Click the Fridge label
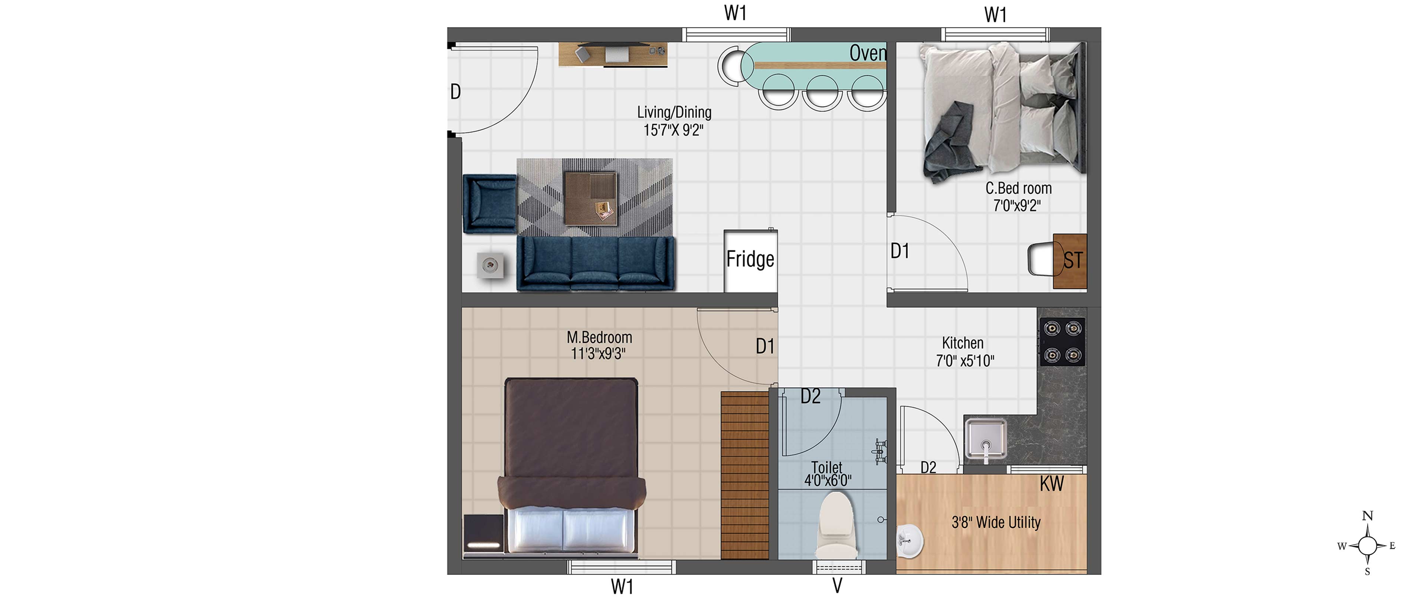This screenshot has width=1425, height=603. [x=750, y=259]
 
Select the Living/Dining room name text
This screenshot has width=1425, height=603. [x=674, y=112]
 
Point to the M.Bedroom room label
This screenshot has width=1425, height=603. [x=599, y=337]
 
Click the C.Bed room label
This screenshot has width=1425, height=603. [x=1018, y=188]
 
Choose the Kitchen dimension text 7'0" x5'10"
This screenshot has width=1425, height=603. [x=965, y=361]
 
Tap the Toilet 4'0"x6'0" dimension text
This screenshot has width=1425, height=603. [x=828, y=480]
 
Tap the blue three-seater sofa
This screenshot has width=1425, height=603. [x=596, y=264]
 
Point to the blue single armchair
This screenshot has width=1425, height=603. [x=489, y=203]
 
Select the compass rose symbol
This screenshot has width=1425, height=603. [x=1367, y=545]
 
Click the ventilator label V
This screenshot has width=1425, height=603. [x=838, y=585]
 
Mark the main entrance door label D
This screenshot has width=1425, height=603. [x=455, y=91]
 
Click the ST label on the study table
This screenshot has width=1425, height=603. [x=1072, y=260]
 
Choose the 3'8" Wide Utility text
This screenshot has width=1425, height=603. [x=996, y=522]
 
